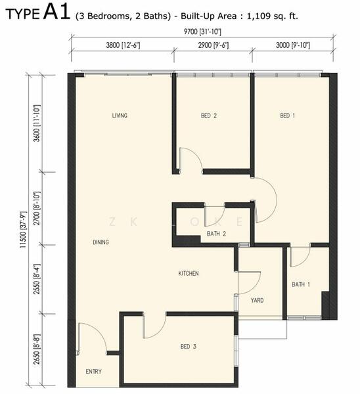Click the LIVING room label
(120, 116)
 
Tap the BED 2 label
(209, 116)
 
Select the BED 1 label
(287, 116)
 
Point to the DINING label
(101, 242)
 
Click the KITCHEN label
(189, 273)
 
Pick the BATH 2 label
(216, 234)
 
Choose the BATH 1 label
(301, 284)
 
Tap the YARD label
(257, 300)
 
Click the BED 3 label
(189, 347)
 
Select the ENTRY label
(94, 372)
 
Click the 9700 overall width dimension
(202, 32)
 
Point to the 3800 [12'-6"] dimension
(123, 45)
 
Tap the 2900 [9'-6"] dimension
(214, 45)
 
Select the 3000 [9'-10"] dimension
(293, 45)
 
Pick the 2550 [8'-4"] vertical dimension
(37, 279)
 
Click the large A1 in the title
(56, 12)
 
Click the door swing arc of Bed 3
(157, 329)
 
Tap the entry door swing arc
(97, 331)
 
